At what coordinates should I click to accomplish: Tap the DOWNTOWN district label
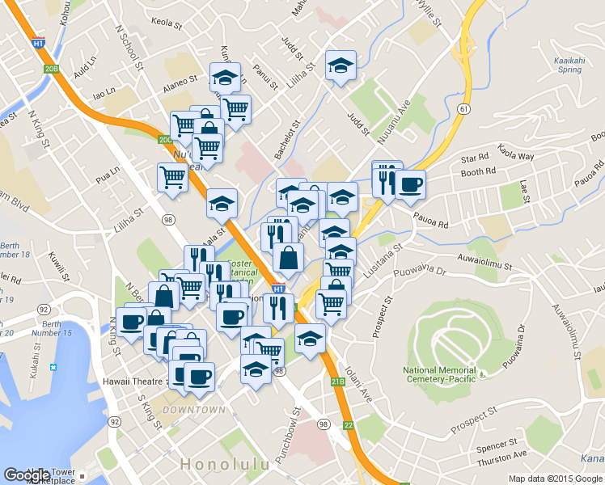click(194, 410)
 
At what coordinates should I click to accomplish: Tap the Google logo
click(27, 475)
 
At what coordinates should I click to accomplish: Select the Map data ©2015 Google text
click(556, 479)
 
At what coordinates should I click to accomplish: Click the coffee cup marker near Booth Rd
click(409, 184)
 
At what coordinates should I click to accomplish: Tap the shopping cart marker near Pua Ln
click(171, 178)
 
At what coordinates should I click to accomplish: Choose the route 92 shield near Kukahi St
click(42, 309)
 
